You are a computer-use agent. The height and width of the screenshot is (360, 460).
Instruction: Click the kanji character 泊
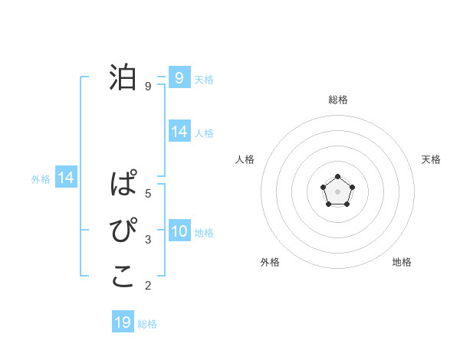[x=123, y=77]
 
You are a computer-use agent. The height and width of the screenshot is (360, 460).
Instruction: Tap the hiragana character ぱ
[x=123, y=185]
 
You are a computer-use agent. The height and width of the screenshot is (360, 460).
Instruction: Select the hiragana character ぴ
[x=123, y=231]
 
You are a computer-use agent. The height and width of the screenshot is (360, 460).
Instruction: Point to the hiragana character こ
[x=123, y=277]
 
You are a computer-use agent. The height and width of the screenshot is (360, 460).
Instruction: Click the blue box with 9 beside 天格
[x=179, y=77]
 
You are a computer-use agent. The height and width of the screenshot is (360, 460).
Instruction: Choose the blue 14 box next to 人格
[x=179, y=132]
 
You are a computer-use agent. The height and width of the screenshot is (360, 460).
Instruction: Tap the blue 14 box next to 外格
[x=66, y=178]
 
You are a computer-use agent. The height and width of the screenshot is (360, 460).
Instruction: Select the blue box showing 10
[x=179, y=231]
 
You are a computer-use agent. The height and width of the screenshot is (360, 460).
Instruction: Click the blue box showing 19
[x=123, y=322]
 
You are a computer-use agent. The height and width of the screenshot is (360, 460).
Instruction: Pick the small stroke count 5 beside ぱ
[x=148, y=193]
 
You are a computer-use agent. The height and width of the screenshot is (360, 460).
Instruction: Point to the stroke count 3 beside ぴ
[x=148, y=240]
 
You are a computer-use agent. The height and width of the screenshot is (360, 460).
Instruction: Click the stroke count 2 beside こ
[x=148, y=286]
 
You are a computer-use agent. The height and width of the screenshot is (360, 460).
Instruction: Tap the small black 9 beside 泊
[x=148, y=87]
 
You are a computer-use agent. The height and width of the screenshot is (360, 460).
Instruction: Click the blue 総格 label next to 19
[x=147, y=324]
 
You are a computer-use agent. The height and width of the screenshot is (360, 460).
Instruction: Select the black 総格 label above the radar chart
[x=337, y=100]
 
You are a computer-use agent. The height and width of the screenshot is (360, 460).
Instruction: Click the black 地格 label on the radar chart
[x=402, y=262]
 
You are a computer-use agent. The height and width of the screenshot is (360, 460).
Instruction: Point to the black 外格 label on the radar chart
[x=270, y=262]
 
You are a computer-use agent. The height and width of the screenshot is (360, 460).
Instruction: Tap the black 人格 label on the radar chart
[x=245, y=159]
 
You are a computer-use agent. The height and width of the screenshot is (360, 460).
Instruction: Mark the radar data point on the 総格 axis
[x=337, y=177]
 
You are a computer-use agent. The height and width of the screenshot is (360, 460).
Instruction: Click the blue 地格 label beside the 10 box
[x=204, y=232]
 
